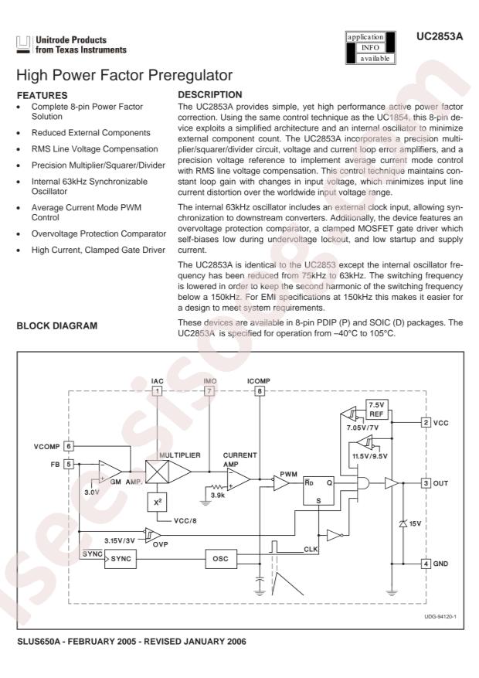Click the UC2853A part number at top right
(440, 37)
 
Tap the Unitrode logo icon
(24, 45)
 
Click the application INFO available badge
(370, 48)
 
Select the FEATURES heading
(42, 96)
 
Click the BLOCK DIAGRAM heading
(57, 326)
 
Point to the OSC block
(220, 559)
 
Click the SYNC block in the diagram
(121, 559)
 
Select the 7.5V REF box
(377, 410)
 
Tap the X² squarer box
(157, 503)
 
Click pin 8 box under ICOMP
(260, 391)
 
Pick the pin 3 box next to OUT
(426, 483)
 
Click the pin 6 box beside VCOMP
(68, 446)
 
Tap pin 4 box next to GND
(426, 564)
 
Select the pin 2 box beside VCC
(426, 423)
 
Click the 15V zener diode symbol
(403, 523)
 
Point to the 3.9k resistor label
(218, 496)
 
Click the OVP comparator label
(160, 544)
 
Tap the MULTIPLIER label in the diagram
(180, 455)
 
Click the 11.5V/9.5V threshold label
(370, 456)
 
